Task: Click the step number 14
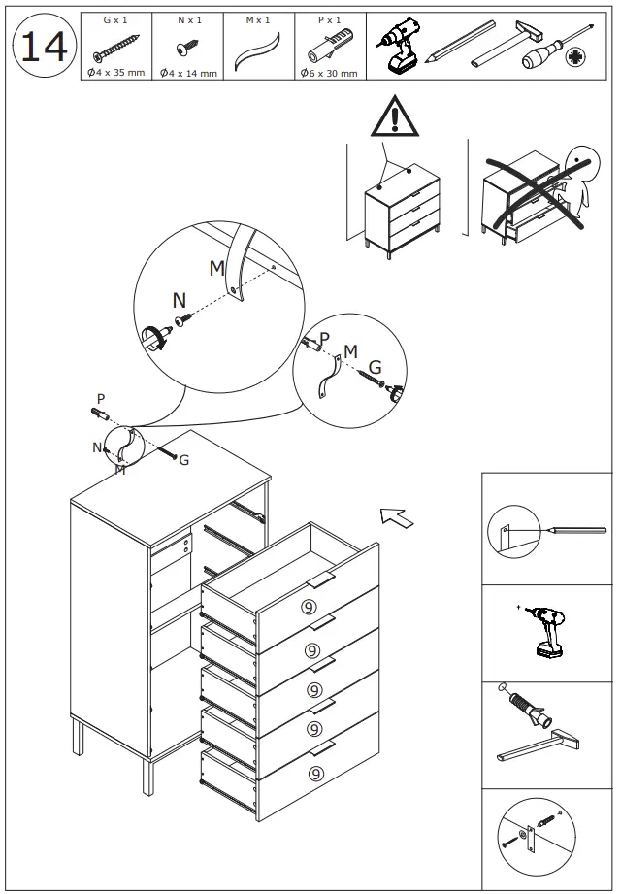tap(44, 47)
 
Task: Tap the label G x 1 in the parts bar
tap(115, 19)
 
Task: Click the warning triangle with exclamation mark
tap(394, 118)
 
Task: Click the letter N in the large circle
tap(180, 301)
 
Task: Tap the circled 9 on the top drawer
tap(308, 608)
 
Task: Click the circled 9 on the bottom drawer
tap(315, 773)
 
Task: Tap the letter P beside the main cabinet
tap(99, 399)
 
